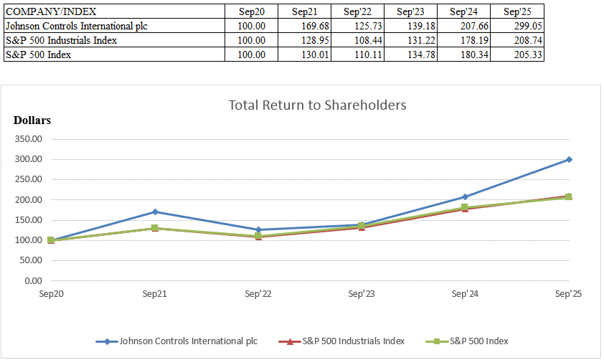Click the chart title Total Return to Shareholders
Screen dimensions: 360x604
(x=317, y=105)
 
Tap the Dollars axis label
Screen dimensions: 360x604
(x=32, y=120)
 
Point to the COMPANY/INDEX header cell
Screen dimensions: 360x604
(x=51, y=11)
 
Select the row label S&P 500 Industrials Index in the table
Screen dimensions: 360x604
(x=61, y=40)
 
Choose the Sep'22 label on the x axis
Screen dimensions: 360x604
(x=258, y=293)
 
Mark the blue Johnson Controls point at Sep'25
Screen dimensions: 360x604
(x=569, y=160)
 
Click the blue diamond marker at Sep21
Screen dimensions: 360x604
(x=154, y=212)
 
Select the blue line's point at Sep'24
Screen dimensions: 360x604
(x=465, y=196)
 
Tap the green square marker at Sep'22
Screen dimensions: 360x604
(x=258, y=235)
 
